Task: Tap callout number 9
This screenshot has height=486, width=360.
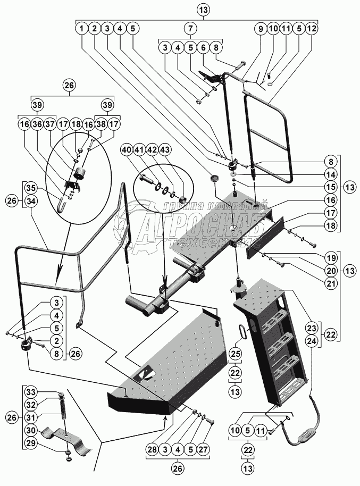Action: tap(261, 28)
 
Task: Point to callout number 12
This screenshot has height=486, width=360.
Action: tap(312, 28)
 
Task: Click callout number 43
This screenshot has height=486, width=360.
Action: tap(179, 152)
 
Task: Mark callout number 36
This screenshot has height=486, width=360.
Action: tap(37, 124)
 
